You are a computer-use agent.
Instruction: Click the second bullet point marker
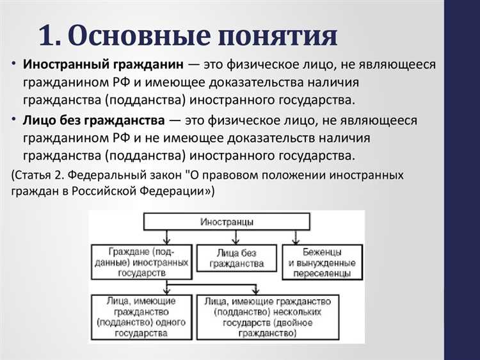(14, 120)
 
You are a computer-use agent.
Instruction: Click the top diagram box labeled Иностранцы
(227, 222)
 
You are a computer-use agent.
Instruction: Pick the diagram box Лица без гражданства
(237, 258)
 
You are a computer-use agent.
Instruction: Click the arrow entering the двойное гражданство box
(256, 289)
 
